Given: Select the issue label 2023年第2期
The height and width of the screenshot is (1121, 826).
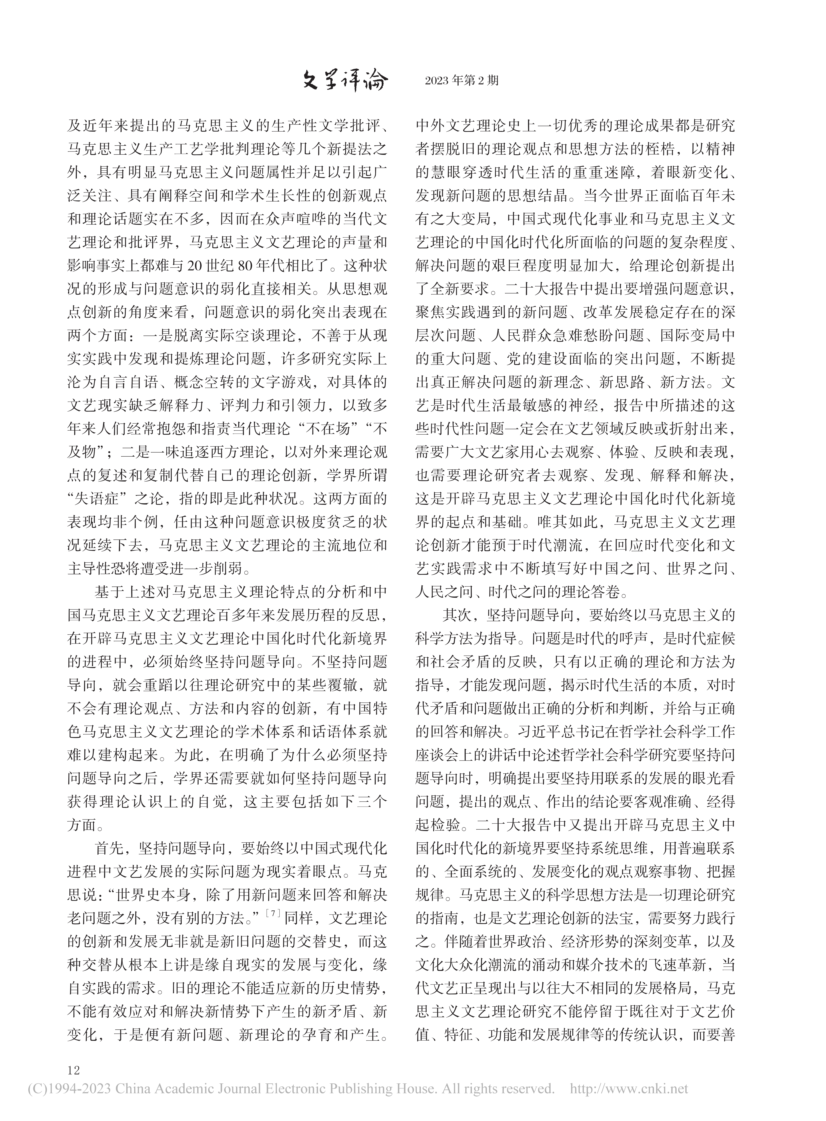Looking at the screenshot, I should point(462,81).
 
